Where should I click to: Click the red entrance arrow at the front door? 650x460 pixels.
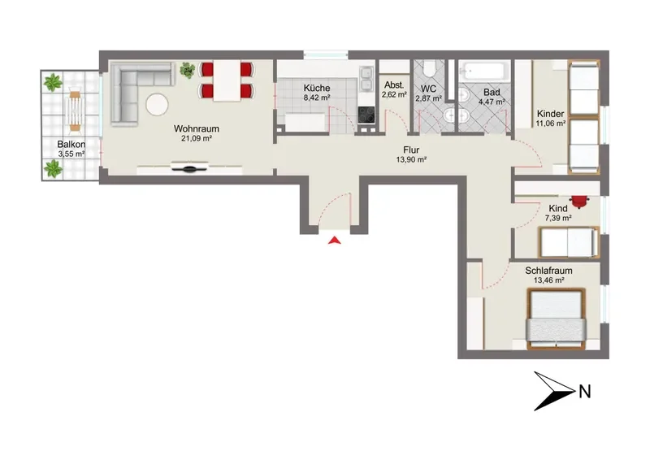point(335,241)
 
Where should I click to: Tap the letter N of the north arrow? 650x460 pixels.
point(584,392)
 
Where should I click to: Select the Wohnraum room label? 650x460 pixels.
point(197,128)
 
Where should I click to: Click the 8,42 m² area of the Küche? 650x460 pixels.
point(317,98)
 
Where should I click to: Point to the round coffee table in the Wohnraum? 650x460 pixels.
point(157,104)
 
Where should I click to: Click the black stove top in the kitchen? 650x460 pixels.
point(366,115)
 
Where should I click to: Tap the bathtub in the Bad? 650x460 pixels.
point(484,72)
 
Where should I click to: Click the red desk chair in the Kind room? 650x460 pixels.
point(579,202)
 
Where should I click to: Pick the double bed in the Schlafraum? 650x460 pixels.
point(556,319)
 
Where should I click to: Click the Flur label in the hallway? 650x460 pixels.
point(411,150)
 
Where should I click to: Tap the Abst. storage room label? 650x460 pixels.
point(394,85)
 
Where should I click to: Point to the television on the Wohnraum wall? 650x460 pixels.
point(189,167)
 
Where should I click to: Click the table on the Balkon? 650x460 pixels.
point(75,111)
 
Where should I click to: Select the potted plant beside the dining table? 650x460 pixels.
point(188,70)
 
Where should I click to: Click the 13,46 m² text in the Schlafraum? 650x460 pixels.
point(548,280)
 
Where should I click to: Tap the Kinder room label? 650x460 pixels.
point(551,114)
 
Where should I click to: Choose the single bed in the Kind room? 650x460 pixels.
point(569,242)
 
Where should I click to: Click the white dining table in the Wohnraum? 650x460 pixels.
point(227,81)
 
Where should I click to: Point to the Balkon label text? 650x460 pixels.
point(71,145)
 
